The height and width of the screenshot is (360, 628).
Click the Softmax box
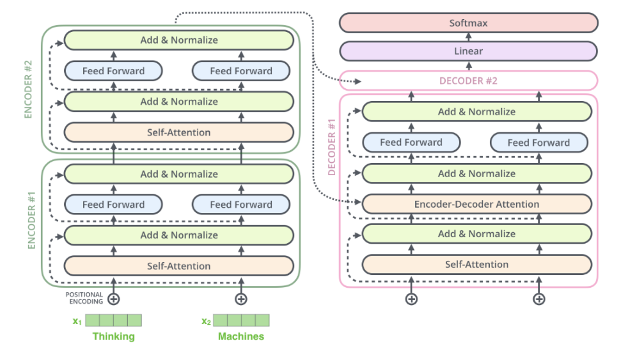(468, 23)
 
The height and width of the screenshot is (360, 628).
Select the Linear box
(468, 51)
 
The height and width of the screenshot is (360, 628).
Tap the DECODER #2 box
(468, 81)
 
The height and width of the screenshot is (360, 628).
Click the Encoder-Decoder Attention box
(476, 204)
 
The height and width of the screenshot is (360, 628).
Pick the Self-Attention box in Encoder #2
(178, 132)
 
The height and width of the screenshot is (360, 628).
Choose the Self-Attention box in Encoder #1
(178, 265)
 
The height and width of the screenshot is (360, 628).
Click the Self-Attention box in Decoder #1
(476, 264)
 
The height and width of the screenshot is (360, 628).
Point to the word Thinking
(113, 336)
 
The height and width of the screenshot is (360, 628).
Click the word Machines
(241, 336)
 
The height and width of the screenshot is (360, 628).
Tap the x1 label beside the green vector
(77, 321)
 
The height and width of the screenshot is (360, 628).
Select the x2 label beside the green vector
(206, 321)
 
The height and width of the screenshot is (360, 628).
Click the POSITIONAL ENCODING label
(84, 299)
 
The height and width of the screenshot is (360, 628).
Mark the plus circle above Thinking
(114, 299)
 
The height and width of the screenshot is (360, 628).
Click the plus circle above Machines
(241, 299)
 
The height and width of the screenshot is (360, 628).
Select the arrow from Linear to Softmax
(468, 37)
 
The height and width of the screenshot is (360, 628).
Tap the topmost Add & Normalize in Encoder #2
(178, 40)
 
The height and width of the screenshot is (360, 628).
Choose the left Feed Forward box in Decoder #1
(411, 142)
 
